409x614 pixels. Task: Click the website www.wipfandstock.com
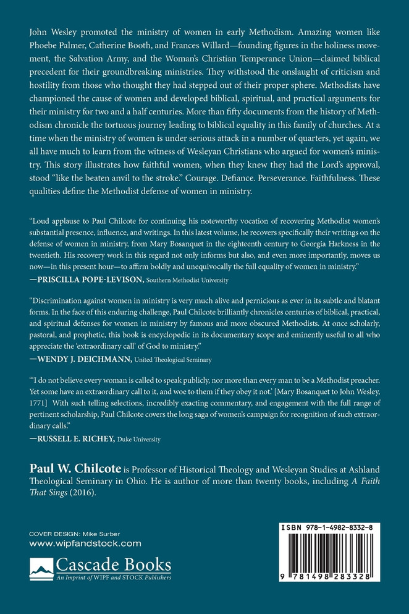tap(85, 544)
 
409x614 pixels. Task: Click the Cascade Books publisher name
tap(113, 565)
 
